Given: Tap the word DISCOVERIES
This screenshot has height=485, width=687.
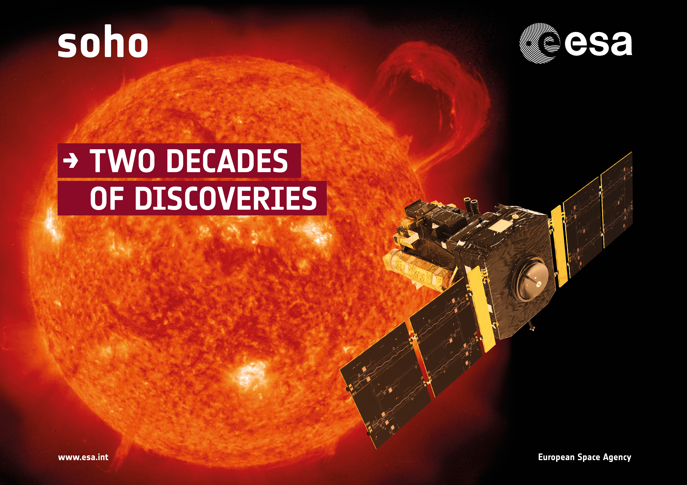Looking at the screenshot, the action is point(226,198).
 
